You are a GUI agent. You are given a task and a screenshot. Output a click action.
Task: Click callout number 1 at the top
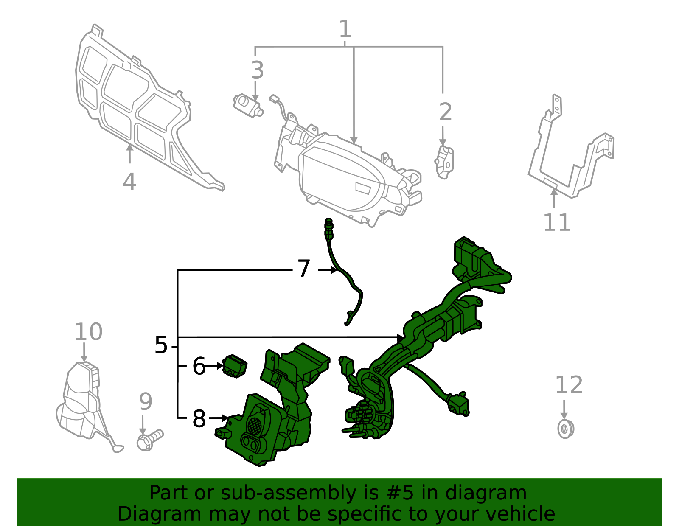pyautogui.click(x=345, y=30)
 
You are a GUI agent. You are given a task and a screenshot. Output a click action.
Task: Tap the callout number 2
pyautogui.click(x=445, y=112)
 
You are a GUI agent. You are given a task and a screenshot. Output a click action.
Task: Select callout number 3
pyautogui.click(x=257, y=70)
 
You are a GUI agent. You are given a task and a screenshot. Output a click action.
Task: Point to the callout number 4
pyautogui.click(x=129, y=182)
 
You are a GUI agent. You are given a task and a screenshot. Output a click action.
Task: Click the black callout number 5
pyautogui.click(x=161, y=345)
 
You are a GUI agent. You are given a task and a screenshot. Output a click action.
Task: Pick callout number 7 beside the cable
pyautogui.click(x=304, y=269)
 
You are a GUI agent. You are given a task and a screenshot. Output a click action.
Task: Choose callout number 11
pyautogui.click(x=557, y=222)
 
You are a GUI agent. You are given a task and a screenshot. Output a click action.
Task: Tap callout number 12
pyautogui.click(x=569, y=385)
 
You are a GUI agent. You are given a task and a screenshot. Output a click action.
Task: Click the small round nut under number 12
pyautogui.click(x=565, y=429)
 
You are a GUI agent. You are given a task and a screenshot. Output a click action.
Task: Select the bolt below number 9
pyautogui.click(x=149, y=440)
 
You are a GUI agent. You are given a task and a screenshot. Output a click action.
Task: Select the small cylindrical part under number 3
pyautogui.click(x=248, y=105)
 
